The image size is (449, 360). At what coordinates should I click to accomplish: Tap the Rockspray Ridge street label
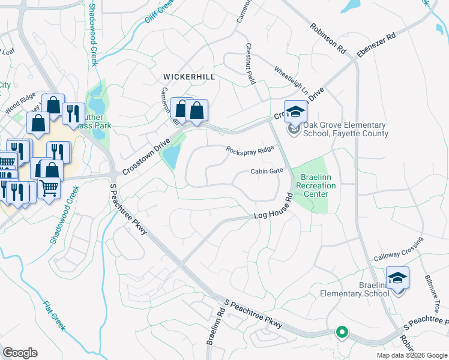[x=250, y=149]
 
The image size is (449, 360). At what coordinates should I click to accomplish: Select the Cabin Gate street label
[x=267, y=171]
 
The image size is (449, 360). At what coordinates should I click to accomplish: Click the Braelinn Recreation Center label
[x=316, y=185]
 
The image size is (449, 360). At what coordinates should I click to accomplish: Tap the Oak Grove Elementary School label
[x=345, y=130]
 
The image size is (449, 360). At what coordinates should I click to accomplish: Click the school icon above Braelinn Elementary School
[x=397, y=278]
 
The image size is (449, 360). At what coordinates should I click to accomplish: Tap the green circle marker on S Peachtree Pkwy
[x=342, y=331]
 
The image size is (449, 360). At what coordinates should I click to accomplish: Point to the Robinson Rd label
[x=328, y=37]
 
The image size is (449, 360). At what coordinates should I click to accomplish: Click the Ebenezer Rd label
[x=376, y=46]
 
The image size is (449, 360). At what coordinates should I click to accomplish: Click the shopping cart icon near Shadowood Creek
[x=49, y=187]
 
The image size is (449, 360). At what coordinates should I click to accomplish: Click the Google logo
[x=20, y=353]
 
